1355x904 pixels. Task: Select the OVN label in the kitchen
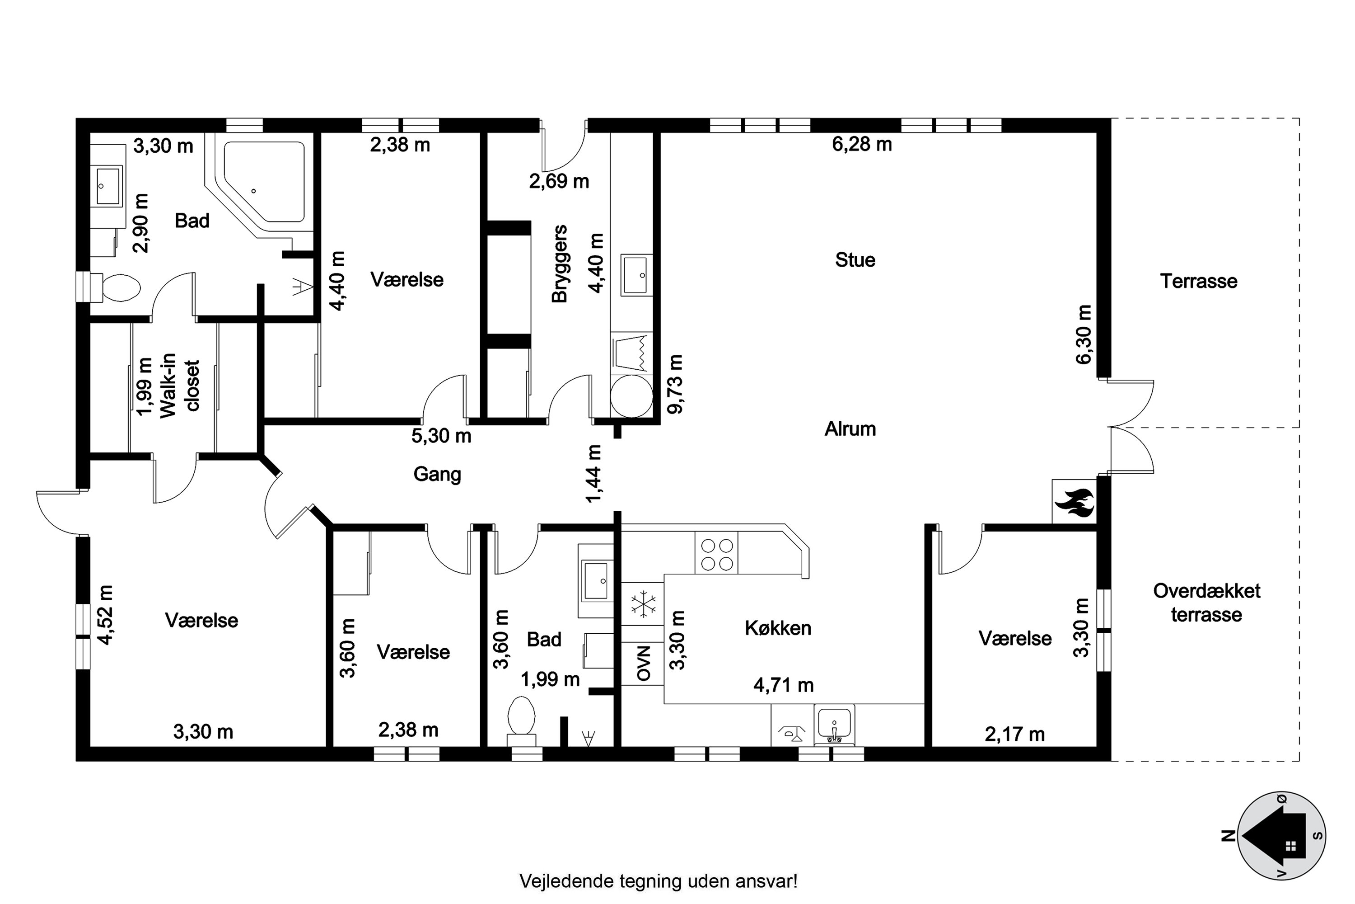(643, 663)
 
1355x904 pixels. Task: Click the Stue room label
(855, 260)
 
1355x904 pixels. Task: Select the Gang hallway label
(437, 475)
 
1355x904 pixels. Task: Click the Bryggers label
(560, 264)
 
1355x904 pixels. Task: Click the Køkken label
(778, 628)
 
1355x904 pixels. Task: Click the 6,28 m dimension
(862, 144)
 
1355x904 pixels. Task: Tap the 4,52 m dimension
(105, 615)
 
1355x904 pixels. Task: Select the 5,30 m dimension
(441, 436)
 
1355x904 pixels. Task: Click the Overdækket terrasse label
(1206, 603)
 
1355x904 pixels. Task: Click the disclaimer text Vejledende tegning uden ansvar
(659, 881)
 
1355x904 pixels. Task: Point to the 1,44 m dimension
(593, 473)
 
